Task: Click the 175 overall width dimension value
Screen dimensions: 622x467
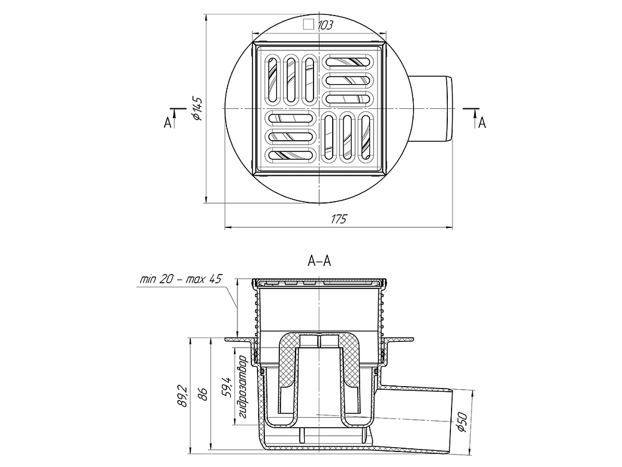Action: [339, 219]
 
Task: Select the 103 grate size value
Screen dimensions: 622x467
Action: [325, 26]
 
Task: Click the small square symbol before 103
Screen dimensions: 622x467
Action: [309, 25]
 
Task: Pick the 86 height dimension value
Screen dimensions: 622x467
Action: [203, 394]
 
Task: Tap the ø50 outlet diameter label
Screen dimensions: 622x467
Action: [463, 422]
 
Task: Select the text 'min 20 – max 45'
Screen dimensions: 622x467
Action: [180, 279]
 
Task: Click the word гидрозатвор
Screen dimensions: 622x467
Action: [243, 387]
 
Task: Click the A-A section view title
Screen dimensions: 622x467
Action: [319, 261]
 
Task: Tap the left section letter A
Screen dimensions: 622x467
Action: [168, 123]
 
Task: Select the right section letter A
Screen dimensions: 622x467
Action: [482, 123]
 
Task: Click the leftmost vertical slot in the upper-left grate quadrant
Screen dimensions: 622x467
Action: [273, 80]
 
